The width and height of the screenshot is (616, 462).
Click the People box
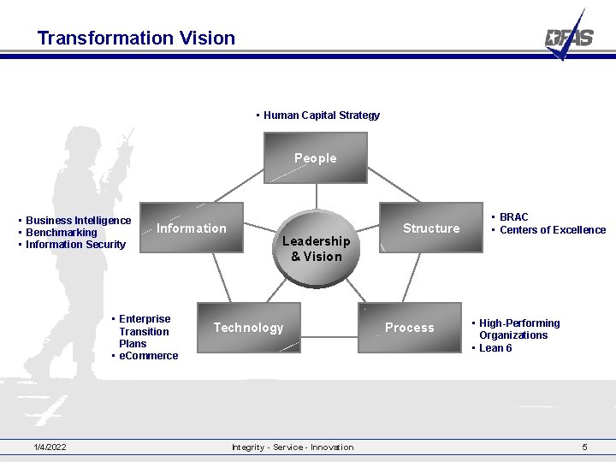click(316, 159)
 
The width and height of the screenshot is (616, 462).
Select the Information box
click(192, 228)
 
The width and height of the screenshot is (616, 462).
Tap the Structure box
click(431, 228)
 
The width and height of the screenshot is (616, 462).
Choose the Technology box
click(248, 328)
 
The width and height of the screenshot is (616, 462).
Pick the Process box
click(410, 328)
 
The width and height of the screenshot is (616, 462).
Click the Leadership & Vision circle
click(316, 249)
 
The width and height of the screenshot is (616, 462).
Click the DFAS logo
click(569, 37)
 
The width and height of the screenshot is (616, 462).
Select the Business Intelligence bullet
click(78, 221)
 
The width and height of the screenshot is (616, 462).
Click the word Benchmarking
click(61, 233)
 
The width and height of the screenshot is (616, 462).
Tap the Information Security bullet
click(75, 245)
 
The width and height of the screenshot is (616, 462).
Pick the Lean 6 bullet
click(495, 348)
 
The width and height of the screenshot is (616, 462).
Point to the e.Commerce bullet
click(148, 356)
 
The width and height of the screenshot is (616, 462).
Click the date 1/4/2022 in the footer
click(50, 447)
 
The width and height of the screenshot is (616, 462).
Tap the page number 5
click(584, 447)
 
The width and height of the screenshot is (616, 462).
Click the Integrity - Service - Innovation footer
click(293, 447)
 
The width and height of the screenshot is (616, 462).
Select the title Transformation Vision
click(136, 38)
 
